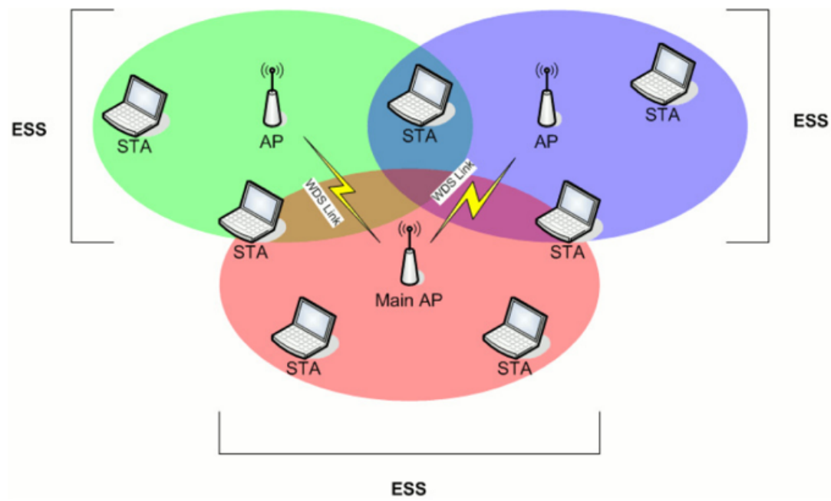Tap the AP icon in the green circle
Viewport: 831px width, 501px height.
272,95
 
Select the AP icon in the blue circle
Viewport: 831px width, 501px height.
546,95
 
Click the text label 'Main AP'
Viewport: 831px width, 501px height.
409,300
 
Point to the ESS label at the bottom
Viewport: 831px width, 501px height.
409,488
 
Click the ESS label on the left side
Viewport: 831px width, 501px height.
29,130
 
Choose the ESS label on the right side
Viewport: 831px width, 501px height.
810,121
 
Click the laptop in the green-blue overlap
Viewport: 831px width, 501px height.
420,95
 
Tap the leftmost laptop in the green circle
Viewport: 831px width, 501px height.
136,106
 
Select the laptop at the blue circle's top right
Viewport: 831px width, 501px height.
664,74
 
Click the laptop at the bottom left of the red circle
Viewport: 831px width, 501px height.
304,328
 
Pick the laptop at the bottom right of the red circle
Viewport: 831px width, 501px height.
516,328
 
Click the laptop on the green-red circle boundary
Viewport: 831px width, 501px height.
252,212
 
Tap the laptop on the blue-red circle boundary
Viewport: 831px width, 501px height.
569,212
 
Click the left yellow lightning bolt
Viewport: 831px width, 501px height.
341,189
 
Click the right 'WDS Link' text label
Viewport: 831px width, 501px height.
453,182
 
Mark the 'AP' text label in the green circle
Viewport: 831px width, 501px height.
272,141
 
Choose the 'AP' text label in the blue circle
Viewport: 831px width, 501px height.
546,141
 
